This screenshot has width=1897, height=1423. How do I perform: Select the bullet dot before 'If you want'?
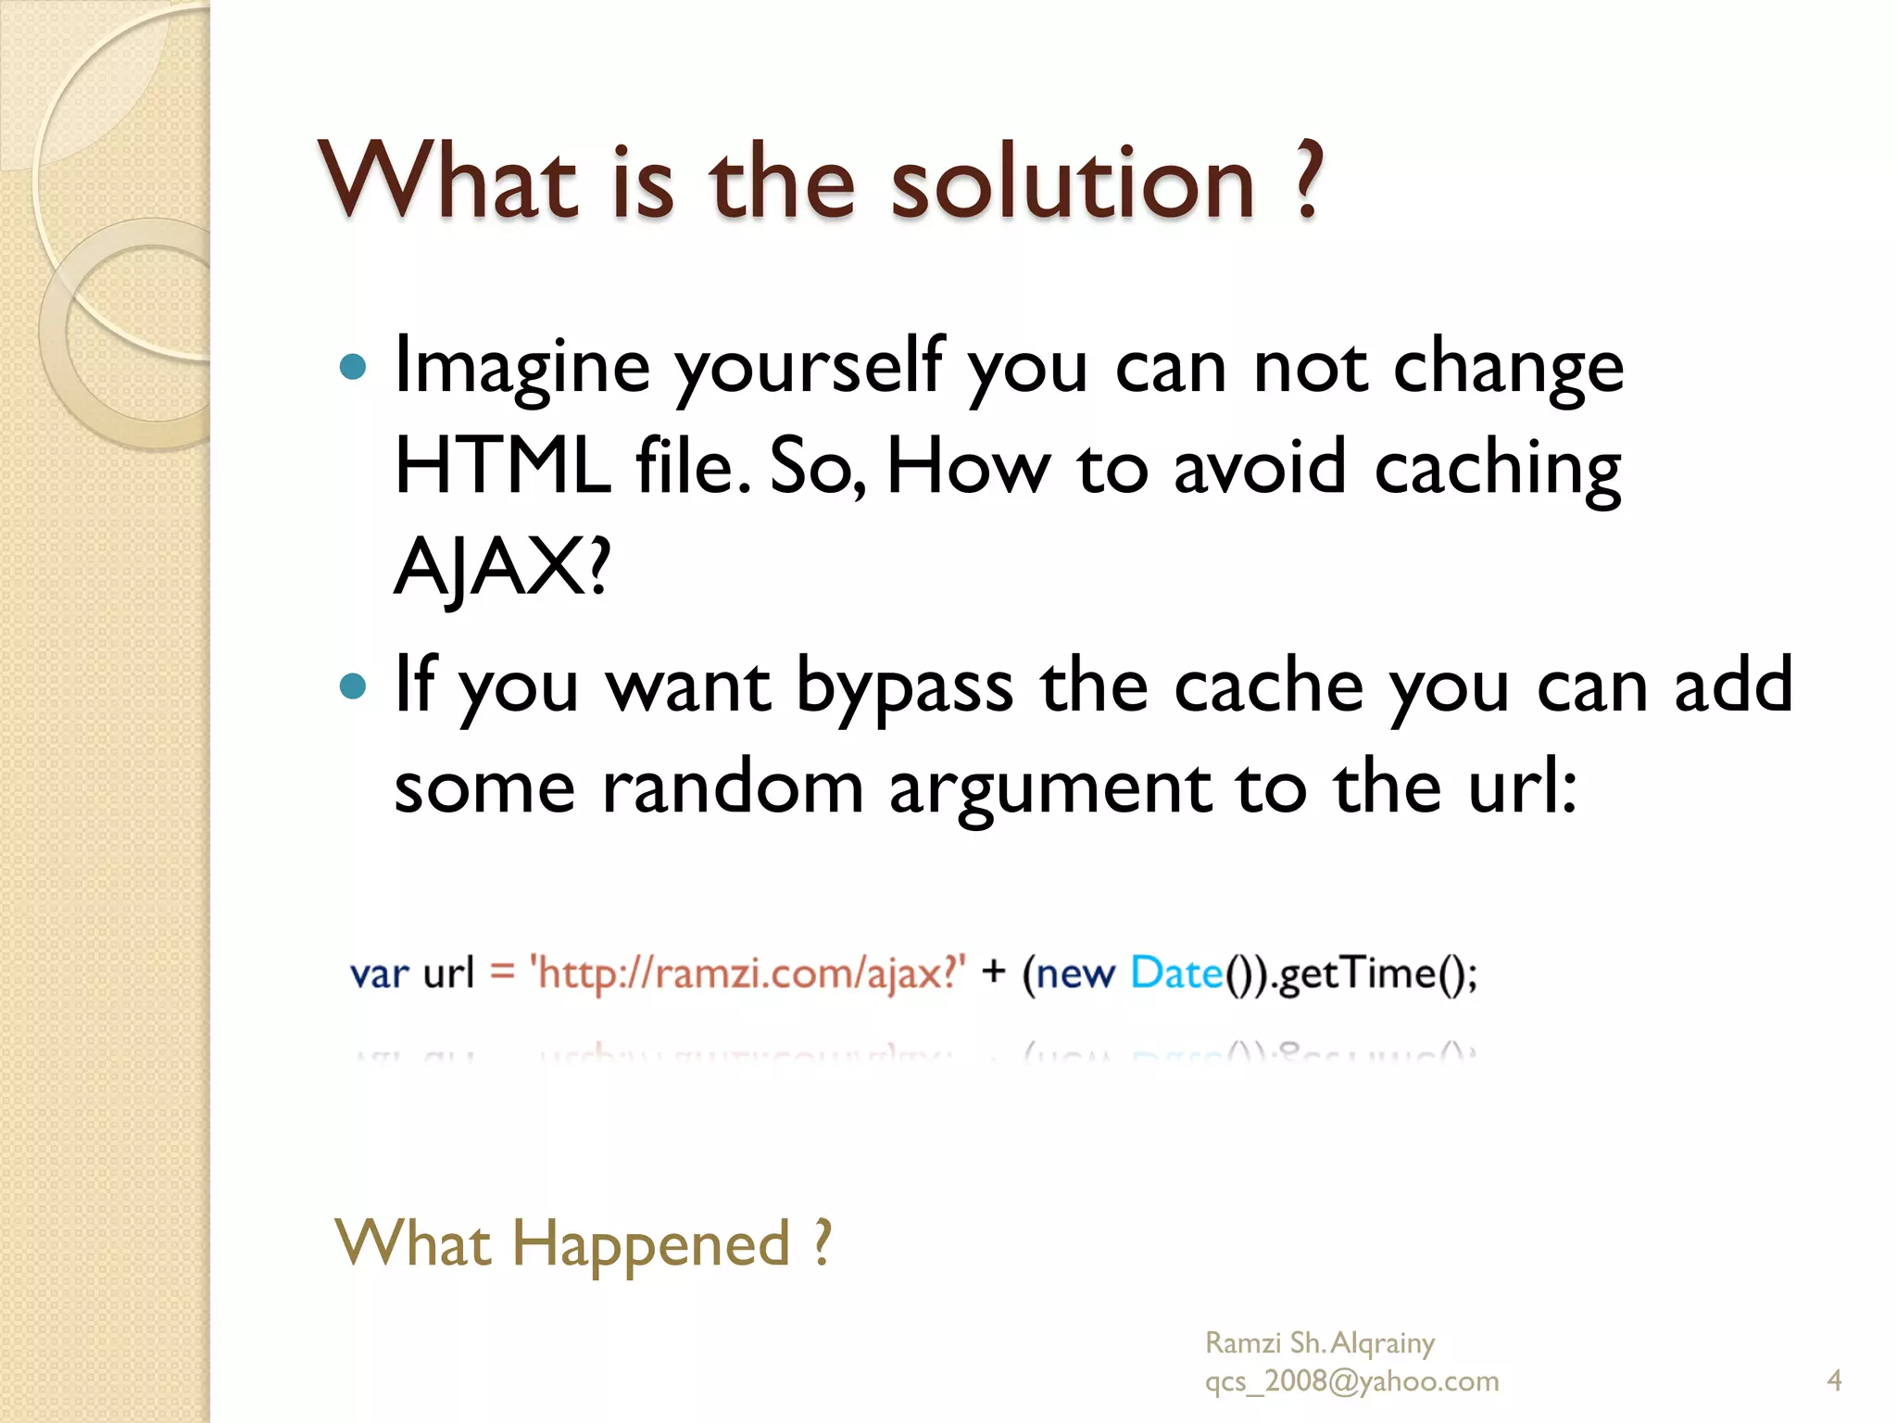point(353,686)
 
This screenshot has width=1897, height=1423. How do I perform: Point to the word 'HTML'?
point(502,466)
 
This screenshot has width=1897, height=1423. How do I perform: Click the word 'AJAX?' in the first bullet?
point(502,566)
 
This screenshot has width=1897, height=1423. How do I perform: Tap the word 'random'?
point(733,787)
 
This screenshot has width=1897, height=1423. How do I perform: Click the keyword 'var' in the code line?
point(379,975)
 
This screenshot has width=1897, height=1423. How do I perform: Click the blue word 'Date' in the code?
point(1176,974)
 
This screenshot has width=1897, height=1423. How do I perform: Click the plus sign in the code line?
point(993,972)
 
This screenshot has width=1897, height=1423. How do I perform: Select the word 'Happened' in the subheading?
point(651,1244)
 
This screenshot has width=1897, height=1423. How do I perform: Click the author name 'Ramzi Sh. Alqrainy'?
point(1319,1342)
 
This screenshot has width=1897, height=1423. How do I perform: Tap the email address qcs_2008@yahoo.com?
point(1351,1381)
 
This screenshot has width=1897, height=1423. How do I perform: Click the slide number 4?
point(1834,1380)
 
